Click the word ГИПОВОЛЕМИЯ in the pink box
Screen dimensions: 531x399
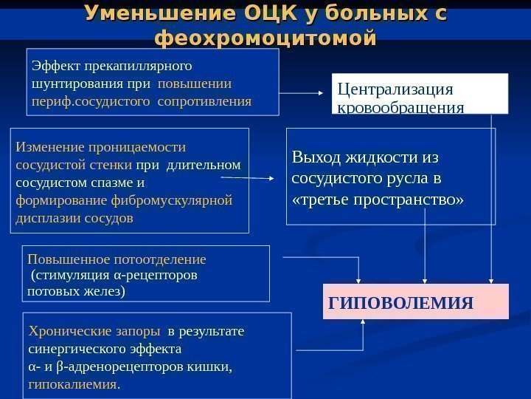[x=400, y=304]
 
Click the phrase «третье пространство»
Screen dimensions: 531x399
[x=378, y=199]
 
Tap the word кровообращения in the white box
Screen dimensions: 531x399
[x=400, y=108]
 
